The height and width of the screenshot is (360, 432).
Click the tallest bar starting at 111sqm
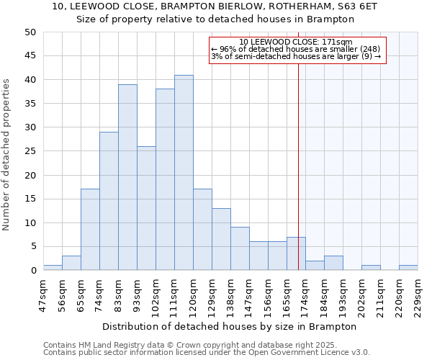pos(184,173)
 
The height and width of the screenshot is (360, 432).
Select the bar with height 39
pos(127,177)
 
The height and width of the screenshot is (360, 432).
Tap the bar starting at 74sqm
pos(109,201)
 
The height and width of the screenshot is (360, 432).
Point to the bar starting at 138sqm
pos(240,248)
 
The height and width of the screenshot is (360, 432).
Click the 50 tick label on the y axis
pos(30,32)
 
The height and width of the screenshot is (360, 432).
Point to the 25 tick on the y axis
pos(30,151)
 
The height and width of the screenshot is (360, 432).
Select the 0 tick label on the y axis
pos(33,271)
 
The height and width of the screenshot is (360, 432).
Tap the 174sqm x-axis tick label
pos(306,294)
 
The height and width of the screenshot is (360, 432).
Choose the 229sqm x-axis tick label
pos(418,294)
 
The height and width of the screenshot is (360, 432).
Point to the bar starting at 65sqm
pos(90,230)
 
